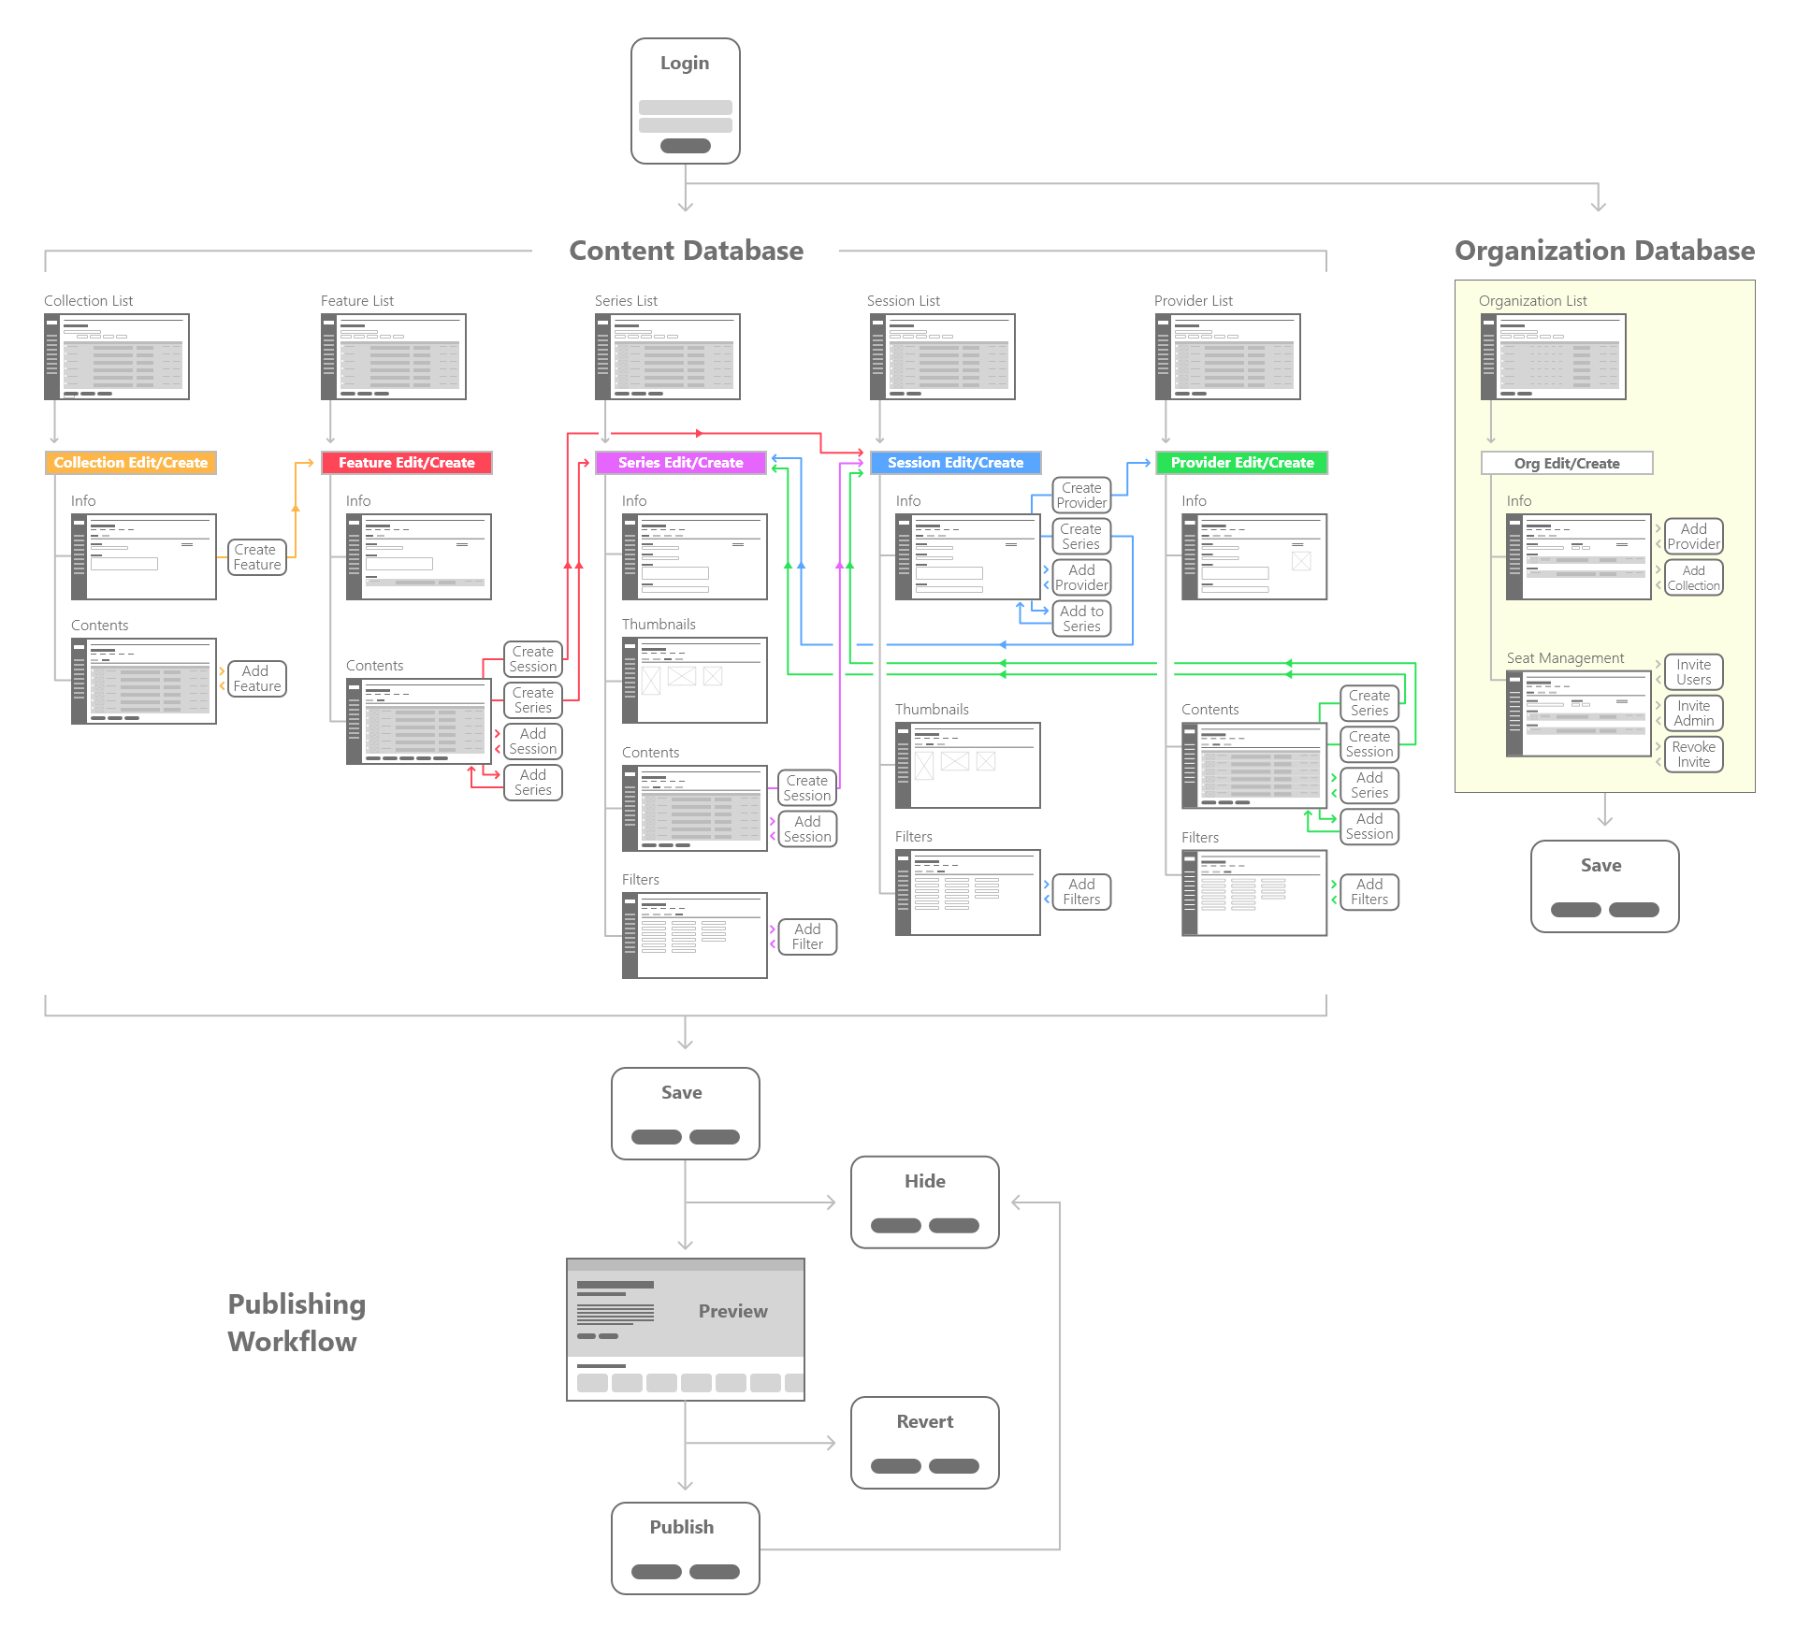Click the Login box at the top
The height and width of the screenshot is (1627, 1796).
[x=686, y=101]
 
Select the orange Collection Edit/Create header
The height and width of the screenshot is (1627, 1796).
[x=131, y=463]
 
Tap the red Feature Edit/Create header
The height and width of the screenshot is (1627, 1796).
[x=407, y=463]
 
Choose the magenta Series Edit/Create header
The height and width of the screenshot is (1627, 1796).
[x=681, y=463]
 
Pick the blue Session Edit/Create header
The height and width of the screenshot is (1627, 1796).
[x=955, y=463]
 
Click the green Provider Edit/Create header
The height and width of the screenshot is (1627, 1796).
[x=1242, y=463]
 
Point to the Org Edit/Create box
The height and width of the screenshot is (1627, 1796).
[x=1567, y=464]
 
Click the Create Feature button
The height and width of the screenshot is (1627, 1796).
[x=257, y=557]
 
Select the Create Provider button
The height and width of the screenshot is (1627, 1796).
[x=1081, y=496]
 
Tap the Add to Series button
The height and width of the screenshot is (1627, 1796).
[x=1081, y=619]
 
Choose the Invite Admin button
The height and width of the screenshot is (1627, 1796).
[x=1693, y=713]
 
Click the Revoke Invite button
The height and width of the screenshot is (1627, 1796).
[x=1693, y=755]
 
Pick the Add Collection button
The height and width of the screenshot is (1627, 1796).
[x=1693, y=578]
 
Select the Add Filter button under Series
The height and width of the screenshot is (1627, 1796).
[x=807, y=937]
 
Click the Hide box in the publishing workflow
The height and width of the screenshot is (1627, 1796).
[x=925, y=1202]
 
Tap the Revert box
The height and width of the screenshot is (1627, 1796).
[x=925, y=1443]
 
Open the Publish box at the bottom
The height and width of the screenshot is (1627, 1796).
[x=686, y=1548]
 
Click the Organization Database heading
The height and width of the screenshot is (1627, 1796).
[x=1604, y=251]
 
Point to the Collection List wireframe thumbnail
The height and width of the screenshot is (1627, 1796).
[x=117, y=357]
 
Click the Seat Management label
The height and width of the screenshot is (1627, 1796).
[x=1565, y=658]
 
